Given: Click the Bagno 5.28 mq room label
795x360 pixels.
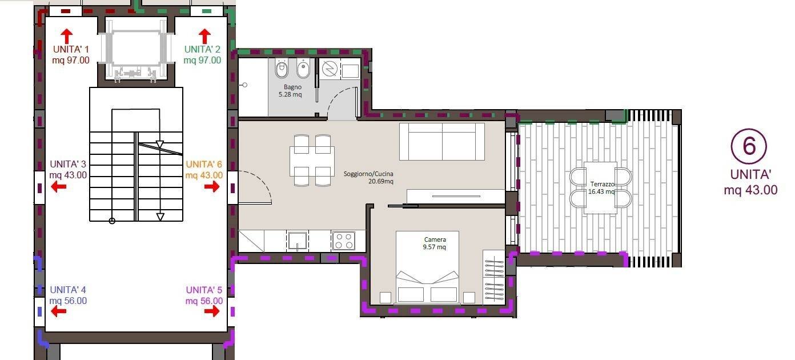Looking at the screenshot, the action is [291, 90].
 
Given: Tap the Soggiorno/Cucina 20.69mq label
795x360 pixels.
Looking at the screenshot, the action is [368, 178].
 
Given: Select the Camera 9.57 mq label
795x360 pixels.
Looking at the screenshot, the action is [435, 243].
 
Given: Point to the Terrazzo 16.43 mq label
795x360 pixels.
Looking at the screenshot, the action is [601, 188].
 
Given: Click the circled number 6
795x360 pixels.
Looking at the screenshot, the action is [749, 146].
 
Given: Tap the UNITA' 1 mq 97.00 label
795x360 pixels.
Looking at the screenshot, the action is [71, 55].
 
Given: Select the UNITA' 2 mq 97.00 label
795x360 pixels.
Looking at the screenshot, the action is [202, 55].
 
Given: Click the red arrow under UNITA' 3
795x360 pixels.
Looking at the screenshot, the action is [59, 186].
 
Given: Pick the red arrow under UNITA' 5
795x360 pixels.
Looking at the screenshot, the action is [212, 311].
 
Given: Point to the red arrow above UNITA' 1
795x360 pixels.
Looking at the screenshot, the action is [66, 36].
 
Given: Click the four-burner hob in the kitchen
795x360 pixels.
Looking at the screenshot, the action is [344, 241].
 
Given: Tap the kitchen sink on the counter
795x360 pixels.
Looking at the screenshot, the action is [297, 241].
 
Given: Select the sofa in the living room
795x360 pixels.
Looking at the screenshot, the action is [442, 142].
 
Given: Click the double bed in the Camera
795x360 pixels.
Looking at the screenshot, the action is [427, 267].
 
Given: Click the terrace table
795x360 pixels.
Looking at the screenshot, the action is [600, 188].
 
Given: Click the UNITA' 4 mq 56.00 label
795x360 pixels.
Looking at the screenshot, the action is [68, 295].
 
